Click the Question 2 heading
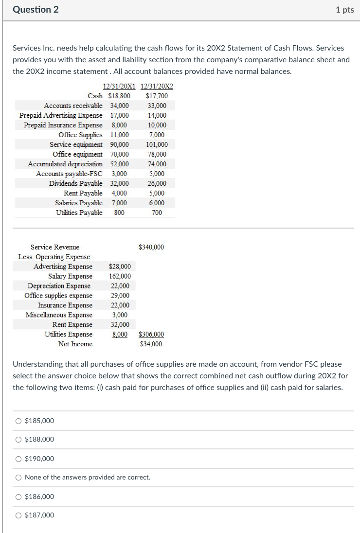click(x=36, y=10)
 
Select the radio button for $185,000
click(x=18, y=421)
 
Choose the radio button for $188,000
click(x=18, y=440)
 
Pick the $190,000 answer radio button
click(x=18, y=459)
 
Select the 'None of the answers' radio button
click(x=18, y=478)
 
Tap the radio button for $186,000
click(x=18, y=497)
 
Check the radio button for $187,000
click(x=18, y=515)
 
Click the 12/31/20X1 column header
click(x=119, y=87)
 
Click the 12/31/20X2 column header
click(x=156, y=87)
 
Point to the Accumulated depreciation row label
click(x=65, y=164)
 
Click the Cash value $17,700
click(x=157, y=96)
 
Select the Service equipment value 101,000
click(x=157, y=145)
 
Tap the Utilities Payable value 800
click(x=119, y=213)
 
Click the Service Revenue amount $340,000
click(x=151, y=247)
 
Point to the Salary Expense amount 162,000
click(x=120, y=276)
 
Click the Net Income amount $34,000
click(x=151, y=344)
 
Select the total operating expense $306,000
click(x=151, y=335)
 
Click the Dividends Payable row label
click(x=76, y=184)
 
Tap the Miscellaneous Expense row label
click(x=59, y=315)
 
